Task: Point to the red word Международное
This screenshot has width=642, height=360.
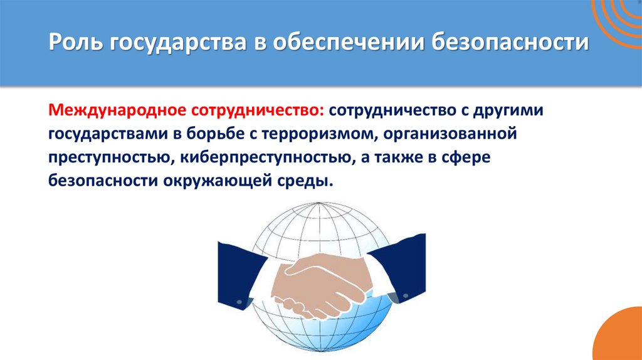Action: coord(118,110)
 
